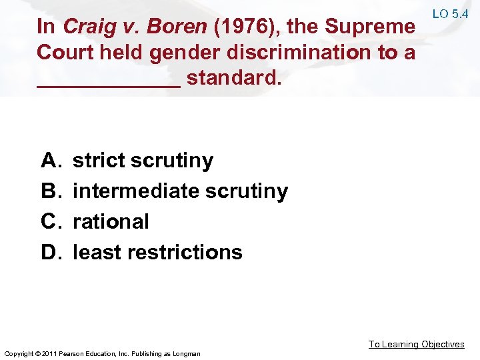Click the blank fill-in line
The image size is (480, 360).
pos(109,85)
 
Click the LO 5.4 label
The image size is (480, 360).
pos(451,13)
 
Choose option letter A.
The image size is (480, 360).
pos(50,161)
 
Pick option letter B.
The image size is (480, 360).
pos(50,191)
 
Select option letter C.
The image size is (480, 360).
pos(50,221)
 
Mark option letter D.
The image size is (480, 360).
pos(50,252)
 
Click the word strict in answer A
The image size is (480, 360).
pos(99,161)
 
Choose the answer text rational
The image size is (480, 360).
pos(111,221)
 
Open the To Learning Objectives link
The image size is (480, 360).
pos(417,344)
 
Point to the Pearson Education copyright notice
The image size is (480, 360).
pos(102,353)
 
